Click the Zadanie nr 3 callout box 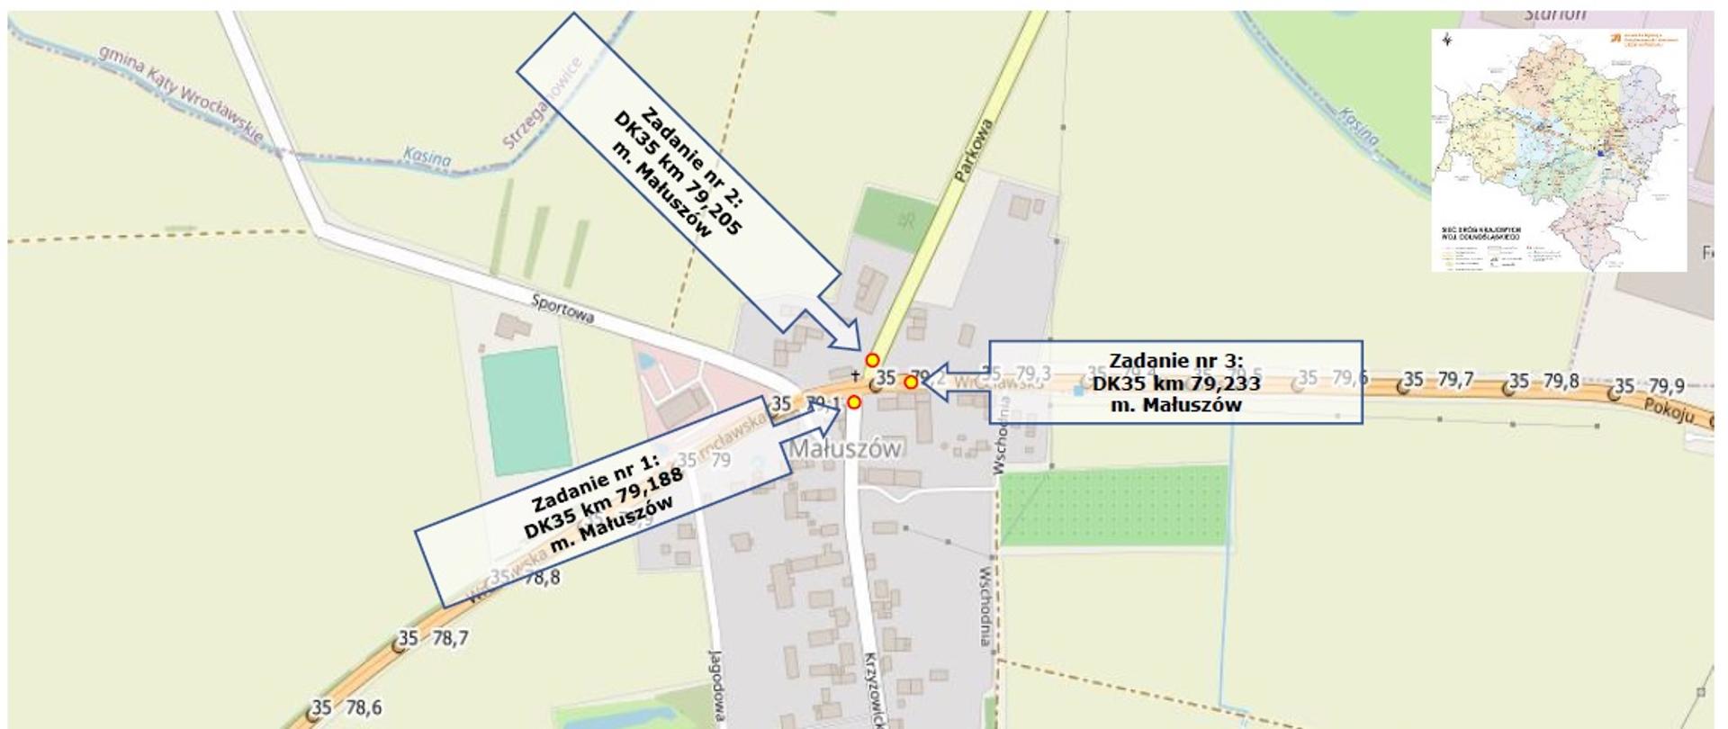(1174, 382)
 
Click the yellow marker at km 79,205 (871, 360)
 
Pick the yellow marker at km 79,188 (853, 402)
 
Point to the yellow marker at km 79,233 (911, 382)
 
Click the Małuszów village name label (845, 448)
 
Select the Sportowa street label (562, 310)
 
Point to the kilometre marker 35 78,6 (346, 708)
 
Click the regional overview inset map (1559, 149)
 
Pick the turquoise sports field (526, 411)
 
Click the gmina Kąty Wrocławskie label (180, 94)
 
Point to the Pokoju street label (1669, 412)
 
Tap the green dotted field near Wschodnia (1114, 506)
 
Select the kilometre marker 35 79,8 (1544, 382)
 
